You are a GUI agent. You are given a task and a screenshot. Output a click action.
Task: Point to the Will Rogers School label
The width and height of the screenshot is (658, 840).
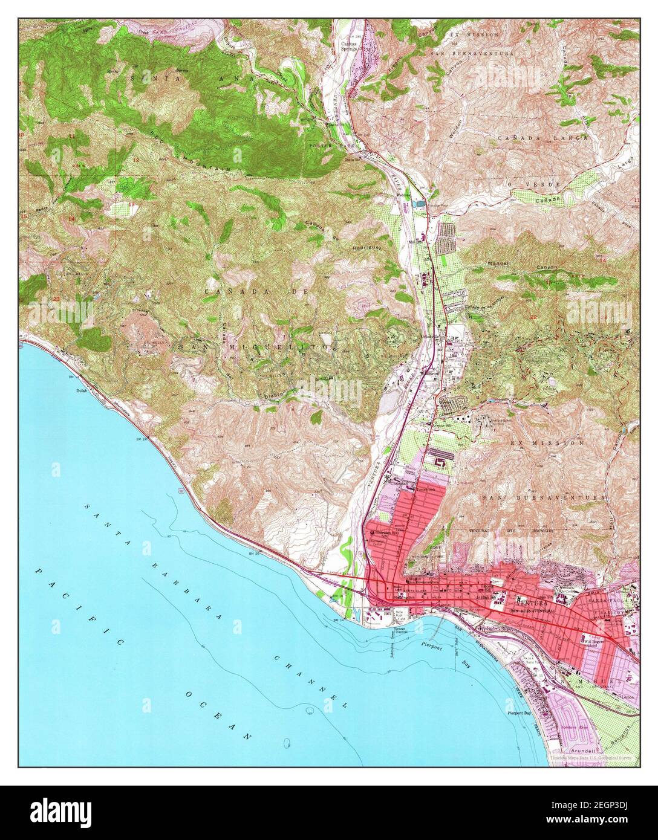[x=595, y=642]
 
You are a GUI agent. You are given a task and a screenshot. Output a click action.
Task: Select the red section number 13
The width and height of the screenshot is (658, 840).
[x=132, y=205]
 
